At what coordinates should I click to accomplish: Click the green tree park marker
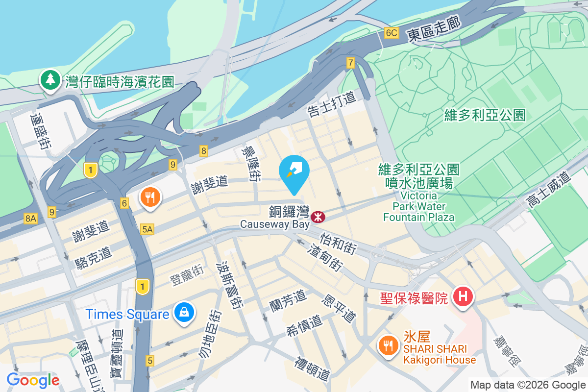pos(49,81)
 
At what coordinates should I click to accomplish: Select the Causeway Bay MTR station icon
pos(318,215)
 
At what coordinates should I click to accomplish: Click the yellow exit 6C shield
pos(391,33)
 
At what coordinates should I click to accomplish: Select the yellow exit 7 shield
pos(350,63)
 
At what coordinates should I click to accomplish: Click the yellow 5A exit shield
pos(147,229)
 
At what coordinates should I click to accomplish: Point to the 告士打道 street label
pos(331,104)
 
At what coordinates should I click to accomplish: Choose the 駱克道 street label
pos(94,257)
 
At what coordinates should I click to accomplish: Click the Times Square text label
pos(127,314)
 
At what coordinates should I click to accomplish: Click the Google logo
pos(33,380)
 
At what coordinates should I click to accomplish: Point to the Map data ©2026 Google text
pos(528,385)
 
